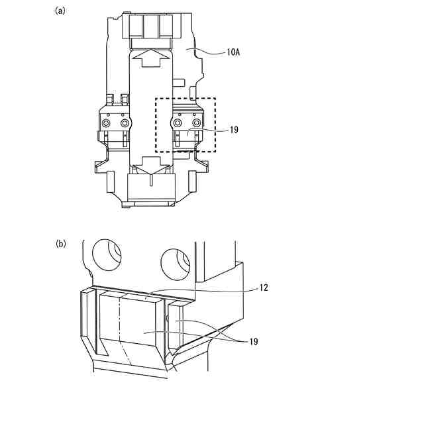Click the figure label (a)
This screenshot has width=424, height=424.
pos(60,11)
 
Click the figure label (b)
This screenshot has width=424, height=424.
pos(60,243)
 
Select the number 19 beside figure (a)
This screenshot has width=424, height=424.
pos(234,131)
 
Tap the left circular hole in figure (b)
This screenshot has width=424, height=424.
pos(106,254)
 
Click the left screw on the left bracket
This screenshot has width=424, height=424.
pos(106,123)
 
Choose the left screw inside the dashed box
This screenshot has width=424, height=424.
pos(178,123)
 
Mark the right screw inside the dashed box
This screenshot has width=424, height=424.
pos(195,123)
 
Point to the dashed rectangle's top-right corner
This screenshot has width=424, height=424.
pos(215,99)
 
